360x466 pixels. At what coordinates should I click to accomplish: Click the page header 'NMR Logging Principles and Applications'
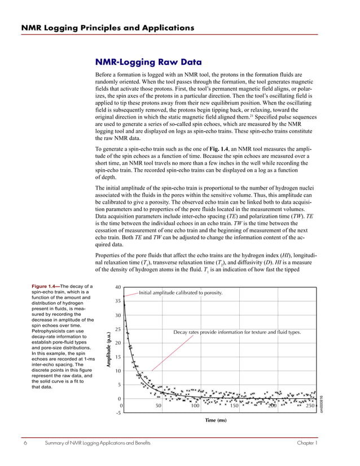(x=108, y=27)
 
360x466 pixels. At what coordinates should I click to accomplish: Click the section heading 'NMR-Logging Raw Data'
(x=148, y=63)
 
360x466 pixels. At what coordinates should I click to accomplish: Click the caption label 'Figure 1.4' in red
(x=45, y=286)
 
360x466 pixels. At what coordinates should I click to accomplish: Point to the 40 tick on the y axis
(x=117, y=287)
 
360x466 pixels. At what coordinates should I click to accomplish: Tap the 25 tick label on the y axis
(x=117, y=329)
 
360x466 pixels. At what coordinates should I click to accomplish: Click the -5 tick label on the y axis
(x=118, y=413)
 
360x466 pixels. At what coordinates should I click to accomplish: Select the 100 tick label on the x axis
(x=195, y=406)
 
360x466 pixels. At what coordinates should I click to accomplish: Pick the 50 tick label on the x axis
(x=159, y=406)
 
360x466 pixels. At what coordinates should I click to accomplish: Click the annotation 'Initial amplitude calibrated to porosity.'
(x=181, y=293)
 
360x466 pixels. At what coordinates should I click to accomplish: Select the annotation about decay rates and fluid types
(x=237, y=332)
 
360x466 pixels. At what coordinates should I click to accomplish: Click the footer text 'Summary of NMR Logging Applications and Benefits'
(x=98, y=443)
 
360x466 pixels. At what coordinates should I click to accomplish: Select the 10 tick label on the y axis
(x=117, y=371)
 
